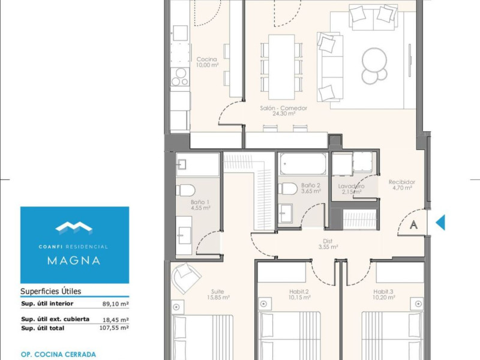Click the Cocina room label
click(x=206, y=59)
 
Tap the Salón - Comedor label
click(x=283, y=108)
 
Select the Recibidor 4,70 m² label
click(x=402, y=185)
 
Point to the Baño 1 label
click(x=200, y=202)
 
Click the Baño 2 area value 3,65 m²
click(x=311, y=191)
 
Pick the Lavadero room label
click(x=351, y=186)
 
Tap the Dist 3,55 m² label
click(x=328, y=244)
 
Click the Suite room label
click(x=217, y=292)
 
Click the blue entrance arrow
click(x=440, y=222)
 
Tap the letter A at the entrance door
click(x=413, y=224)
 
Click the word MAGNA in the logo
click(x=74, y=260)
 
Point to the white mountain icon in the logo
click(x=74, y=227)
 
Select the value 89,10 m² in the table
click(x=115, y=304)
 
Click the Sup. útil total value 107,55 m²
click(x=114, y=328)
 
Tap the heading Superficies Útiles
click(x=51, y=291)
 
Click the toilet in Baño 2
click(x=287, y=189)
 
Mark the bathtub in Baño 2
click(x=303, y=164)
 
